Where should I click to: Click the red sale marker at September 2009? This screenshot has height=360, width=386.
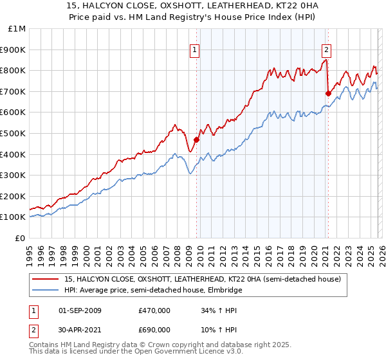click(196, 139)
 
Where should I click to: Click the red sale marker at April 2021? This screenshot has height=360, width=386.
click(328, 93)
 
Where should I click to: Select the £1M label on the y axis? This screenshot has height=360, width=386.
click(17, 28)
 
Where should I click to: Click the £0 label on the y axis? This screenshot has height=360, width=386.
click(20, 238)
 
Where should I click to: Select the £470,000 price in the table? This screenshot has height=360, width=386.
click(154, 310)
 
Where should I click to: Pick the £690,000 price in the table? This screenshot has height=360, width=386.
click(154, 330)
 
